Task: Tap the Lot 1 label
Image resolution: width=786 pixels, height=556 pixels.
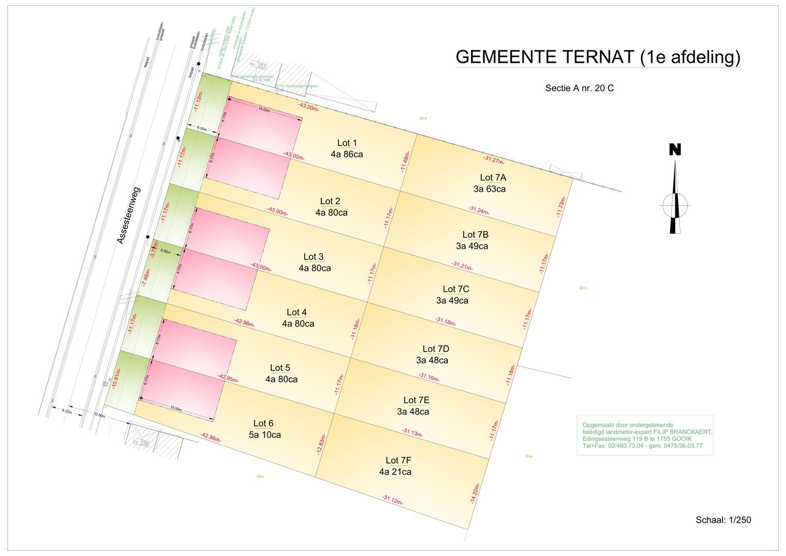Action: coord(347,143)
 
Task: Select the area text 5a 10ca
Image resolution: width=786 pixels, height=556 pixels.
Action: coord(265,435)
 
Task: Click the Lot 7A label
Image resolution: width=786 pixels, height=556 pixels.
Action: coord(493,178)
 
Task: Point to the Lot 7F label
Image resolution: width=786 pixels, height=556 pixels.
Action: coord(398,461)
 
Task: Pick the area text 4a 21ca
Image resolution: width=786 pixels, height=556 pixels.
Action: coord(395,472)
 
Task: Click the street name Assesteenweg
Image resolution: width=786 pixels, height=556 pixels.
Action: coord(129,215)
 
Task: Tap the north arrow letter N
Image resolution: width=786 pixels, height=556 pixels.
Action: coord(675,150)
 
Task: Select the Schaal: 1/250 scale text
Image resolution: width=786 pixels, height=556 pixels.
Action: coord(723,520)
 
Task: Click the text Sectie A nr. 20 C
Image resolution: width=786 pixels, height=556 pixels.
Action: coord(579,88)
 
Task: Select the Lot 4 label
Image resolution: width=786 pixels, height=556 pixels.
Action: coord(296,312)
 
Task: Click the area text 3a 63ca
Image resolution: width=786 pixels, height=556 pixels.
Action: coord(490,189)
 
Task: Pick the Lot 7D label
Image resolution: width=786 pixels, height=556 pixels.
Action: coord(435,349)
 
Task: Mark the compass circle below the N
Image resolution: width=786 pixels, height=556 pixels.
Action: coord(675,205)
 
